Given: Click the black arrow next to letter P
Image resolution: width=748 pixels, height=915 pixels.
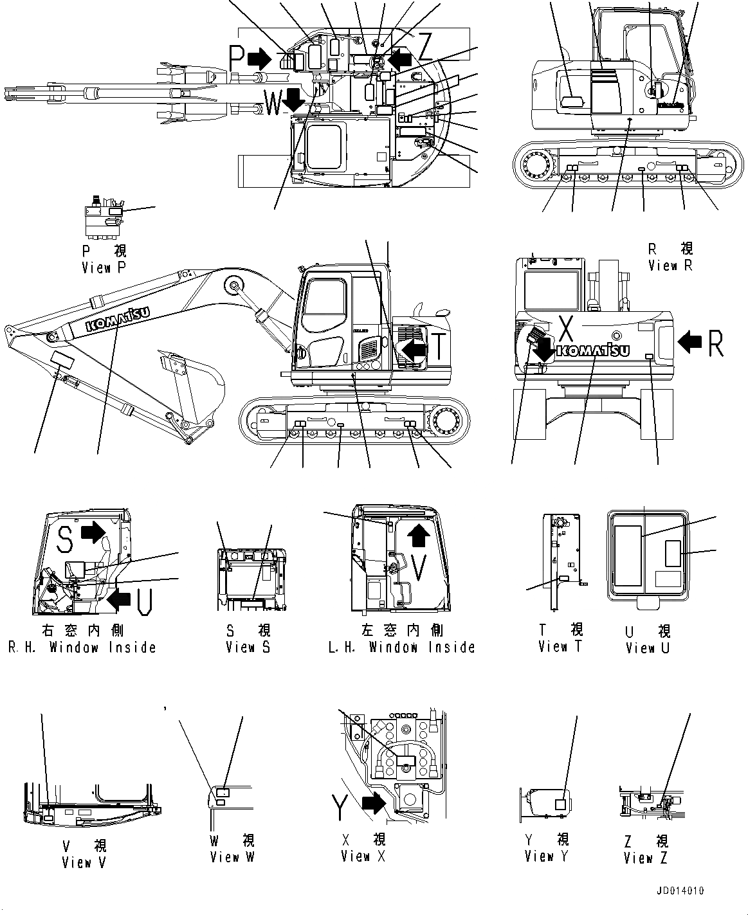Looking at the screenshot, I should [x=259, y=59].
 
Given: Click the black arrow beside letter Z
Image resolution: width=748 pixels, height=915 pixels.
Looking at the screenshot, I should [x=402, y=59].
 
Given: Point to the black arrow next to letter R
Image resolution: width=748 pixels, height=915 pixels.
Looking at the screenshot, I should [x=690, y=341].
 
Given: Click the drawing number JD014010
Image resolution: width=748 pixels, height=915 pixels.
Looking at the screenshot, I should [x=680, y=891].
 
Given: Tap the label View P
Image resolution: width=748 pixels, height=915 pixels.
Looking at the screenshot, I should [x=104, y=260].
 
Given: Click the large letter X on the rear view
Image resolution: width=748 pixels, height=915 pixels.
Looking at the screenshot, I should [x=565, y=328].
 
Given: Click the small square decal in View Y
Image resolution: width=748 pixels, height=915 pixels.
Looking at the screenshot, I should [x=560, y=804].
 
